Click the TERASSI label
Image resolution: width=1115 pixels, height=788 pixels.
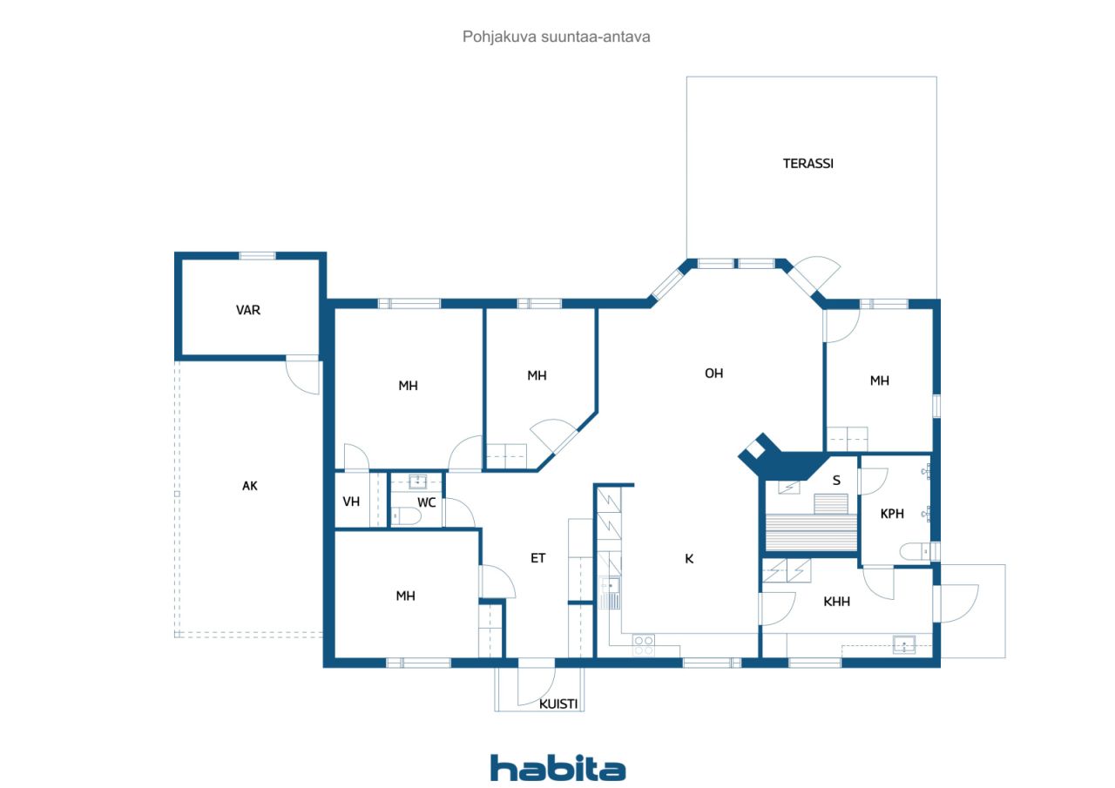pyautogui.click(x=808, y=164)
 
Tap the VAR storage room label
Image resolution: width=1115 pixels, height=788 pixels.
pyautogui.click(x=248, y=311)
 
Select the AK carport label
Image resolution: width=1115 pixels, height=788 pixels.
pyautogui.click(x=250, y=486)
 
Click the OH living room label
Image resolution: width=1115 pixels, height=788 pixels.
pyautogui.click(x=713, y=374)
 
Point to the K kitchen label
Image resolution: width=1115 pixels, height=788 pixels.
pyautogui.click(x=689, y=559)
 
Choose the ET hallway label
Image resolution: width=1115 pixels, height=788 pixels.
pyautogui.click(x=538, y=558)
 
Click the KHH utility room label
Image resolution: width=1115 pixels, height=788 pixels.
pyautogui.click(x=837, y=602)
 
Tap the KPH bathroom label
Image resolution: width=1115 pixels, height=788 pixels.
pyautogui.click(x=892, y=514)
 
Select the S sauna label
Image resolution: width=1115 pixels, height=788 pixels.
pyautogui.click(x=837, y=481)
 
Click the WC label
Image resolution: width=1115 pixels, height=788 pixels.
pyautogui.click(x=427, y=502)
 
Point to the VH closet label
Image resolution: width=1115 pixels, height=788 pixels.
pyautogui.click(x=351, y=502)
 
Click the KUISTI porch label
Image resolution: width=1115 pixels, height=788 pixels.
pyautogui.click(x=558, y=704)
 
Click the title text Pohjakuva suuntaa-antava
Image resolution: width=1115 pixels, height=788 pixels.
pyautogui.click(x=556, y=37)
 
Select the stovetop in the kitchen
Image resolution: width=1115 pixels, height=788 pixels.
pyautogui.click(x=644, y=645)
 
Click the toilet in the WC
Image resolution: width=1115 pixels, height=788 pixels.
pyautogui.click(x=405, y=515)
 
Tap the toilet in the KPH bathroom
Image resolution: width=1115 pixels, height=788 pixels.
pyautogui.click(x=916, y=551)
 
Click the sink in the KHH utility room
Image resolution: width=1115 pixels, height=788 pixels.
pyautogui.click(x=904, y=644)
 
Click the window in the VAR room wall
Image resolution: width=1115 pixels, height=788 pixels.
pyautogui.click(x=257, y=256)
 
